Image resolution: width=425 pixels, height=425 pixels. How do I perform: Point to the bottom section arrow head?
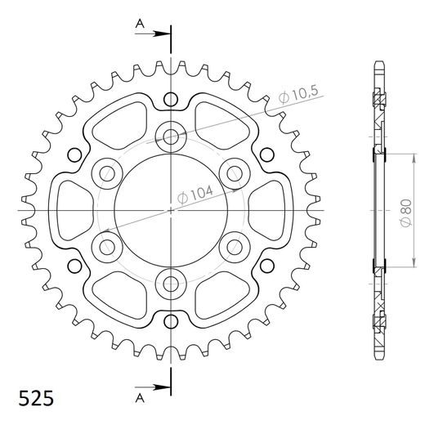pyautogui.click(x=163, y=387)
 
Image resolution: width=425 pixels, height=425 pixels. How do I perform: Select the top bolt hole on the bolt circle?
pyautogui.click(x=171, y=136)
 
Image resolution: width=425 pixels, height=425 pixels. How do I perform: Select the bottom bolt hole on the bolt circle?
pyautogui.click(x=171, y=283)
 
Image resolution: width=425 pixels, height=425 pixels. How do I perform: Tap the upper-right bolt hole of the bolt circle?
pyautogui.click(x=235, y=172)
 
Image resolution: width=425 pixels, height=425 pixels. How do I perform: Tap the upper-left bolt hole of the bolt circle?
pyautogui.click(x=107, y=172)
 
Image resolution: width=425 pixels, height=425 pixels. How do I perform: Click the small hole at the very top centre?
pyautogui.click(x=170, y=100)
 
